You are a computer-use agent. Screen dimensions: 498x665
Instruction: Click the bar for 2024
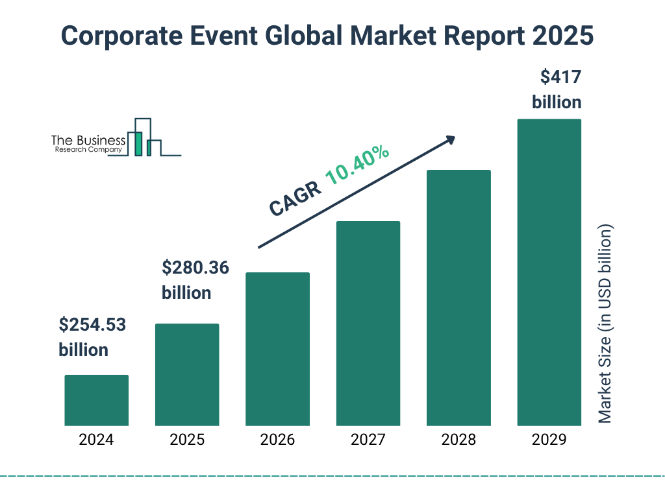pos(96,400)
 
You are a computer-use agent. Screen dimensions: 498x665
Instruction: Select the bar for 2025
pos(187,374)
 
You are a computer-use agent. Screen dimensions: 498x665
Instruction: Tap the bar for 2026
pos(277,349)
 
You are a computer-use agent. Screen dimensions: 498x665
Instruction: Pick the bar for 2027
pos(368,323)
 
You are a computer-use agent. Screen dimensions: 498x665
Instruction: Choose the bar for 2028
pos(458,298)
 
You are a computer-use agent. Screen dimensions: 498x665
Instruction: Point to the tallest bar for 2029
pos(549,272)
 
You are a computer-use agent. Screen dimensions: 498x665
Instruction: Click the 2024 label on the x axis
pos(96,440)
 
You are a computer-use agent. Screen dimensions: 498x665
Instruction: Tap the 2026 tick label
pos(277,440)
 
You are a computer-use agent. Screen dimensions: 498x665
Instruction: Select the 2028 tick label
pos(458,440)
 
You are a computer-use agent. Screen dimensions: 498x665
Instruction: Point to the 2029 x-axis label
pos(549,440)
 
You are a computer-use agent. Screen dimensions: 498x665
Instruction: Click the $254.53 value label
pos(92,324)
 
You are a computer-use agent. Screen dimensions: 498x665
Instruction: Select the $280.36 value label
pos(195,267)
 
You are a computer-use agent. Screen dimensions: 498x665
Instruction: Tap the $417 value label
pos(560,77)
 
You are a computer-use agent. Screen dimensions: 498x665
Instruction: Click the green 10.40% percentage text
pos(357,165)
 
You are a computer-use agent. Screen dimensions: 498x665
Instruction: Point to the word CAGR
pos(294,199)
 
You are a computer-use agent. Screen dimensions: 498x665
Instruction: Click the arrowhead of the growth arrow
pos(450,139)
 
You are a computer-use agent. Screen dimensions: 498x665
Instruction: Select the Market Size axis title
pos(605,324)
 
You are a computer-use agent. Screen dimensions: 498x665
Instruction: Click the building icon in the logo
pos(144,138)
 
